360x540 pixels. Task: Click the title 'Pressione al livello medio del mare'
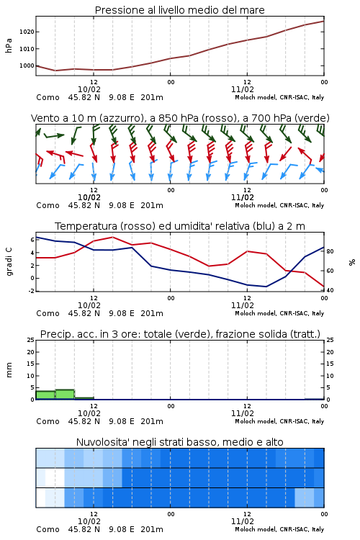tap(179, 10)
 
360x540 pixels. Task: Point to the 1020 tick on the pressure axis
tap(27, 32)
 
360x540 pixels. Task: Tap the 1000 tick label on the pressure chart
tap(27, 66)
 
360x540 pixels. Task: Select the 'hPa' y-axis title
tap(9, 45)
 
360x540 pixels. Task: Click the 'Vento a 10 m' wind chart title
tap(180, 118)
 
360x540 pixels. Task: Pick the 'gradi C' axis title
tap(9, 261)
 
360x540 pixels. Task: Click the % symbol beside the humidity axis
tap(352, 262)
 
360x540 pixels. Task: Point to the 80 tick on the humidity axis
tap(330, 251)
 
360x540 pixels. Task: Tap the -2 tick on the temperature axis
tap(32, 291)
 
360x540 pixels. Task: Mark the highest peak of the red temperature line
tap(112, 237)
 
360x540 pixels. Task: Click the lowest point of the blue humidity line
tap(266, 287)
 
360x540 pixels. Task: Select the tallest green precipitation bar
tap(65, 395)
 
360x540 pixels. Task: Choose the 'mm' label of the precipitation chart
tap(9, 369)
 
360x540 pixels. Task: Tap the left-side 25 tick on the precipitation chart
tap(31, 340)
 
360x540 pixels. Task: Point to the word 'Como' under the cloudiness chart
tap(48, 529)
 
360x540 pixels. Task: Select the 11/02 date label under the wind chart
tap(243, 197)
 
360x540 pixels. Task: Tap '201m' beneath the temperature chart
tap(152, 313)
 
